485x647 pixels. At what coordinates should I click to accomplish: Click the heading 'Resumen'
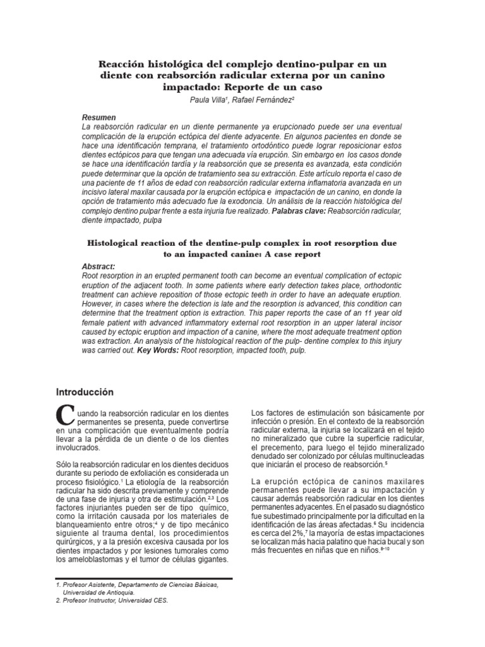tap(99, 118)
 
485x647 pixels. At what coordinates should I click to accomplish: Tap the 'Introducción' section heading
tap(85, 391)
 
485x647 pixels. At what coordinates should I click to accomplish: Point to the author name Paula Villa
tap(208, 100)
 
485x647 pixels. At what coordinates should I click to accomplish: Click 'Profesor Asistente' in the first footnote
tap(92, 586)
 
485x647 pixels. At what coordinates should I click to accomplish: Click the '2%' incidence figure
tap(299, 534)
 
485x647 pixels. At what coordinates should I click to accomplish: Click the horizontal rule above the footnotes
tap(145, 578)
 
